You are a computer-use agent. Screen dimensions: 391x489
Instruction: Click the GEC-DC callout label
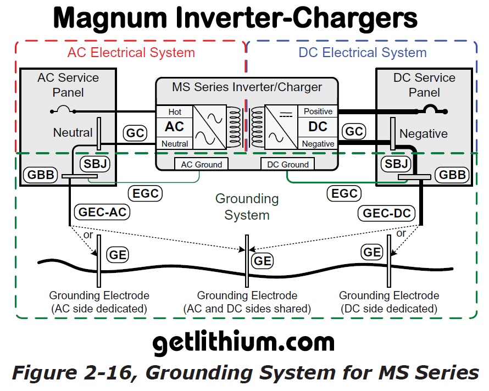point(386,213)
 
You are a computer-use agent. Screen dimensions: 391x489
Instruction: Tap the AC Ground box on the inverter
point(201,164)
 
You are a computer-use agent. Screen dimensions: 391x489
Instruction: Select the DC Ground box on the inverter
point(287,164)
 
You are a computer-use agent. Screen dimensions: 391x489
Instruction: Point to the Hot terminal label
point(175,112)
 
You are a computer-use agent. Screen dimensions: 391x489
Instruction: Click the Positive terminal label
point(318,111)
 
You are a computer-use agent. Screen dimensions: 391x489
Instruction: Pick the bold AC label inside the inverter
point(175,127)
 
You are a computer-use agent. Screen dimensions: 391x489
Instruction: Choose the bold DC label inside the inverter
point(318,127)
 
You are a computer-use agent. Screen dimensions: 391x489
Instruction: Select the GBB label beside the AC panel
point(40,176)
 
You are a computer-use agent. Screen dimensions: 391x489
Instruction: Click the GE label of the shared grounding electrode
point(263,260)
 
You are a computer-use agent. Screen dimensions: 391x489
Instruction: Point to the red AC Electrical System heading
point(131,53)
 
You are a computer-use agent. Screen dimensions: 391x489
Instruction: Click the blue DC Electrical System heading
point(363,53)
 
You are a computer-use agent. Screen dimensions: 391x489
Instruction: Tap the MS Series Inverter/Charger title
point(247,87)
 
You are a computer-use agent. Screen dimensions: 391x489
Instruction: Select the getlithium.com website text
point(243,343)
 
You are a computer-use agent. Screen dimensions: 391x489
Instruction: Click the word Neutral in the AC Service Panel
point(73,132)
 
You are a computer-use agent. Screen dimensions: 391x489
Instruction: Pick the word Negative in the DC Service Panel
point(423,133)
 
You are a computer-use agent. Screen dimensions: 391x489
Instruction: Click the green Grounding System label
point(247,206)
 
